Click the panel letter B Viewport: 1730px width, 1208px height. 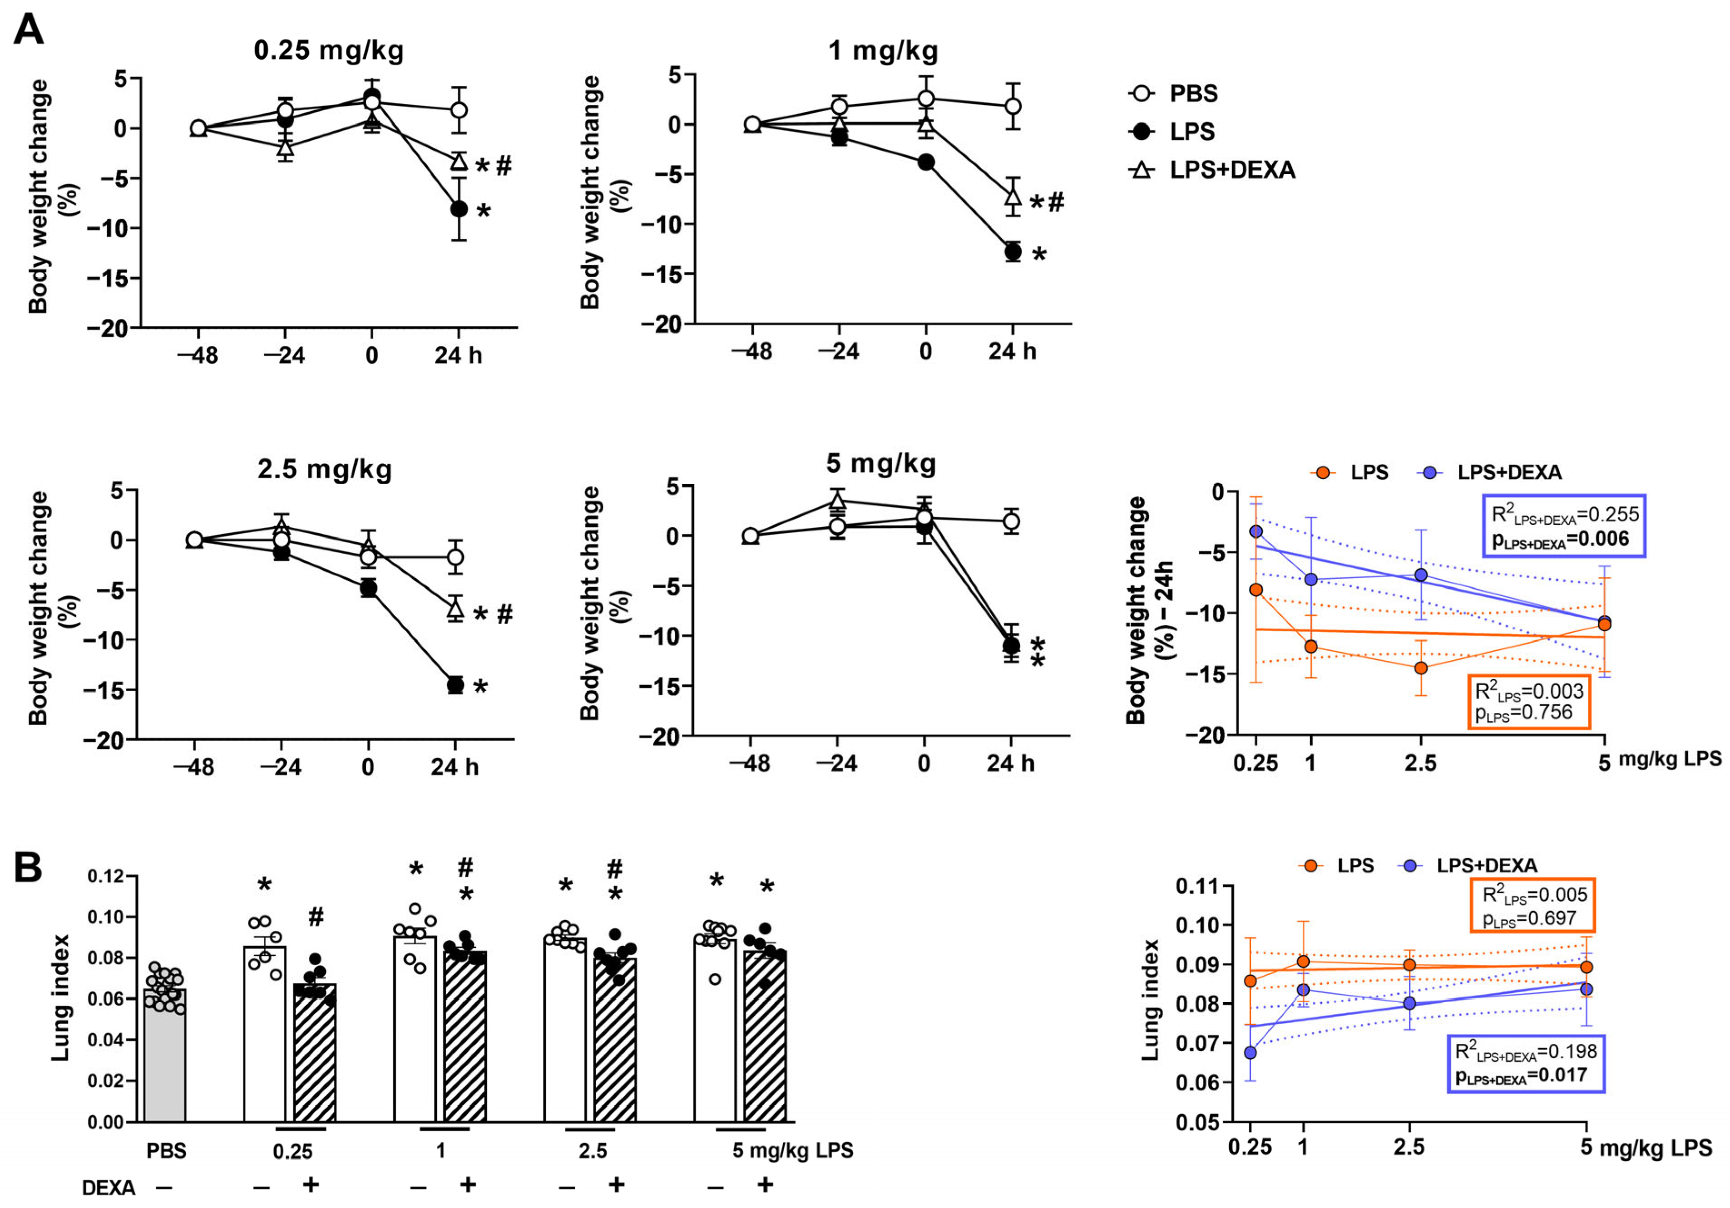point(29,869)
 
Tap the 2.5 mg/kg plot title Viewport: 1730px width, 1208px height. point(325,469)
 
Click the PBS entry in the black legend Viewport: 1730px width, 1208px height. point(1193,94)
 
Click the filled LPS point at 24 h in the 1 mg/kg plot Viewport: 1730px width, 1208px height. point(1013,251)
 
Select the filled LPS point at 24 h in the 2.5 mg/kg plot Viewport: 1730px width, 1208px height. point(455,685)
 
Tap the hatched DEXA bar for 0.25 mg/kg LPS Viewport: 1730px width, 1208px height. point(314,1054)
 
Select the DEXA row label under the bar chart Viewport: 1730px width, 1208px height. point(109,1188)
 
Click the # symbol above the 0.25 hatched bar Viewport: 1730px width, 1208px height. point(316,917)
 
